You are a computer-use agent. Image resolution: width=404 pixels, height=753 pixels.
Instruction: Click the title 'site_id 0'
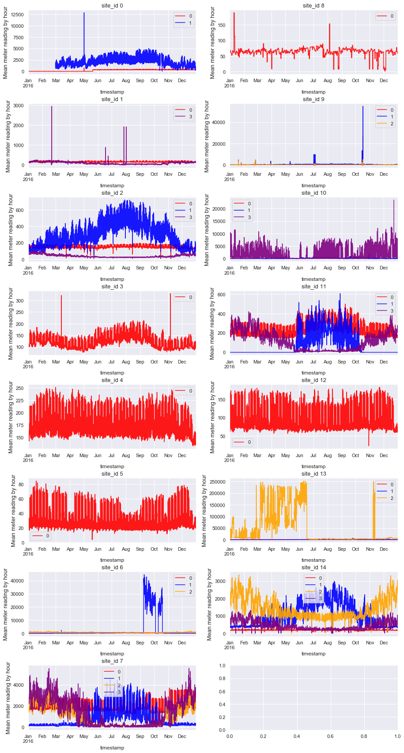[112, 6]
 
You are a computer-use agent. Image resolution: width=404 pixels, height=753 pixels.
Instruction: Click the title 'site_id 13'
[313, 474]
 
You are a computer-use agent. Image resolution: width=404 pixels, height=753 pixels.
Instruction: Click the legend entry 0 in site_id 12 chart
[249, 442]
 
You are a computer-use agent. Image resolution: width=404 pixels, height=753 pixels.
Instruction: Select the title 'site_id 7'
[112, 661]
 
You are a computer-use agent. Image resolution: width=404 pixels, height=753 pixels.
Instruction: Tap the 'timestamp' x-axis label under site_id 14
[313, 654]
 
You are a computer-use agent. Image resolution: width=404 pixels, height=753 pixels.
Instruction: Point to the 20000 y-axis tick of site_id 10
[218, 209]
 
